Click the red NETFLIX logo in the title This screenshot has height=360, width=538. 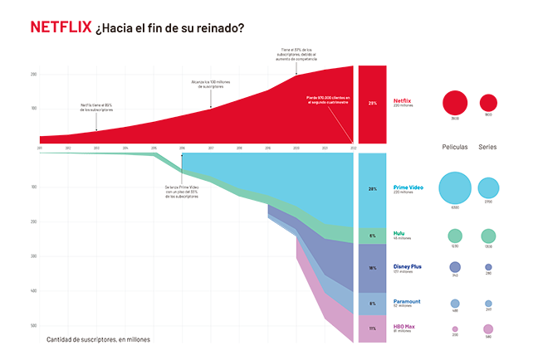(x=61, y=27)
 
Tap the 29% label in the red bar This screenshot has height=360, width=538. (x=372, y=104)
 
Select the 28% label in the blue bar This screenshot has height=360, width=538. (x=372, y=189)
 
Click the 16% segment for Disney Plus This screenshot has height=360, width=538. (x=372, y=268)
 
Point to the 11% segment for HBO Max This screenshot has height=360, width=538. (x=372, y=328)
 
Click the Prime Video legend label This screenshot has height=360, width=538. (x=408, y=187)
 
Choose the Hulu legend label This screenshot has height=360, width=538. (x=399, y=234)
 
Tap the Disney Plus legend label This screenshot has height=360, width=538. (x=408, y=267)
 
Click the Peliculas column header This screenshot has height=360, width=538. (x=454, y=147)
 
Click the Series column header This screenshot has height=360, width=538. (x=488, y=147)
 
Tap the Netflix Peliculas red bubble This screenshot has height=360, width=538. (x=455, y=103)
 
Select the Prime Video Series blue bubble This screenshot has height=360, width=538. (x=488, y=188)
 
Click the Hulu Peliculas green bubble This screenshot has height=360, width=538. (x=455, y=236)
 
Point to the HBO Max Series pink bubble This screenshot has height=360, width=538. (x=488, y=328)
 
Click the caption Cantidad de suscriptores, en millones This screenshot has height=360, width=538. (x=93, y=339)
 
